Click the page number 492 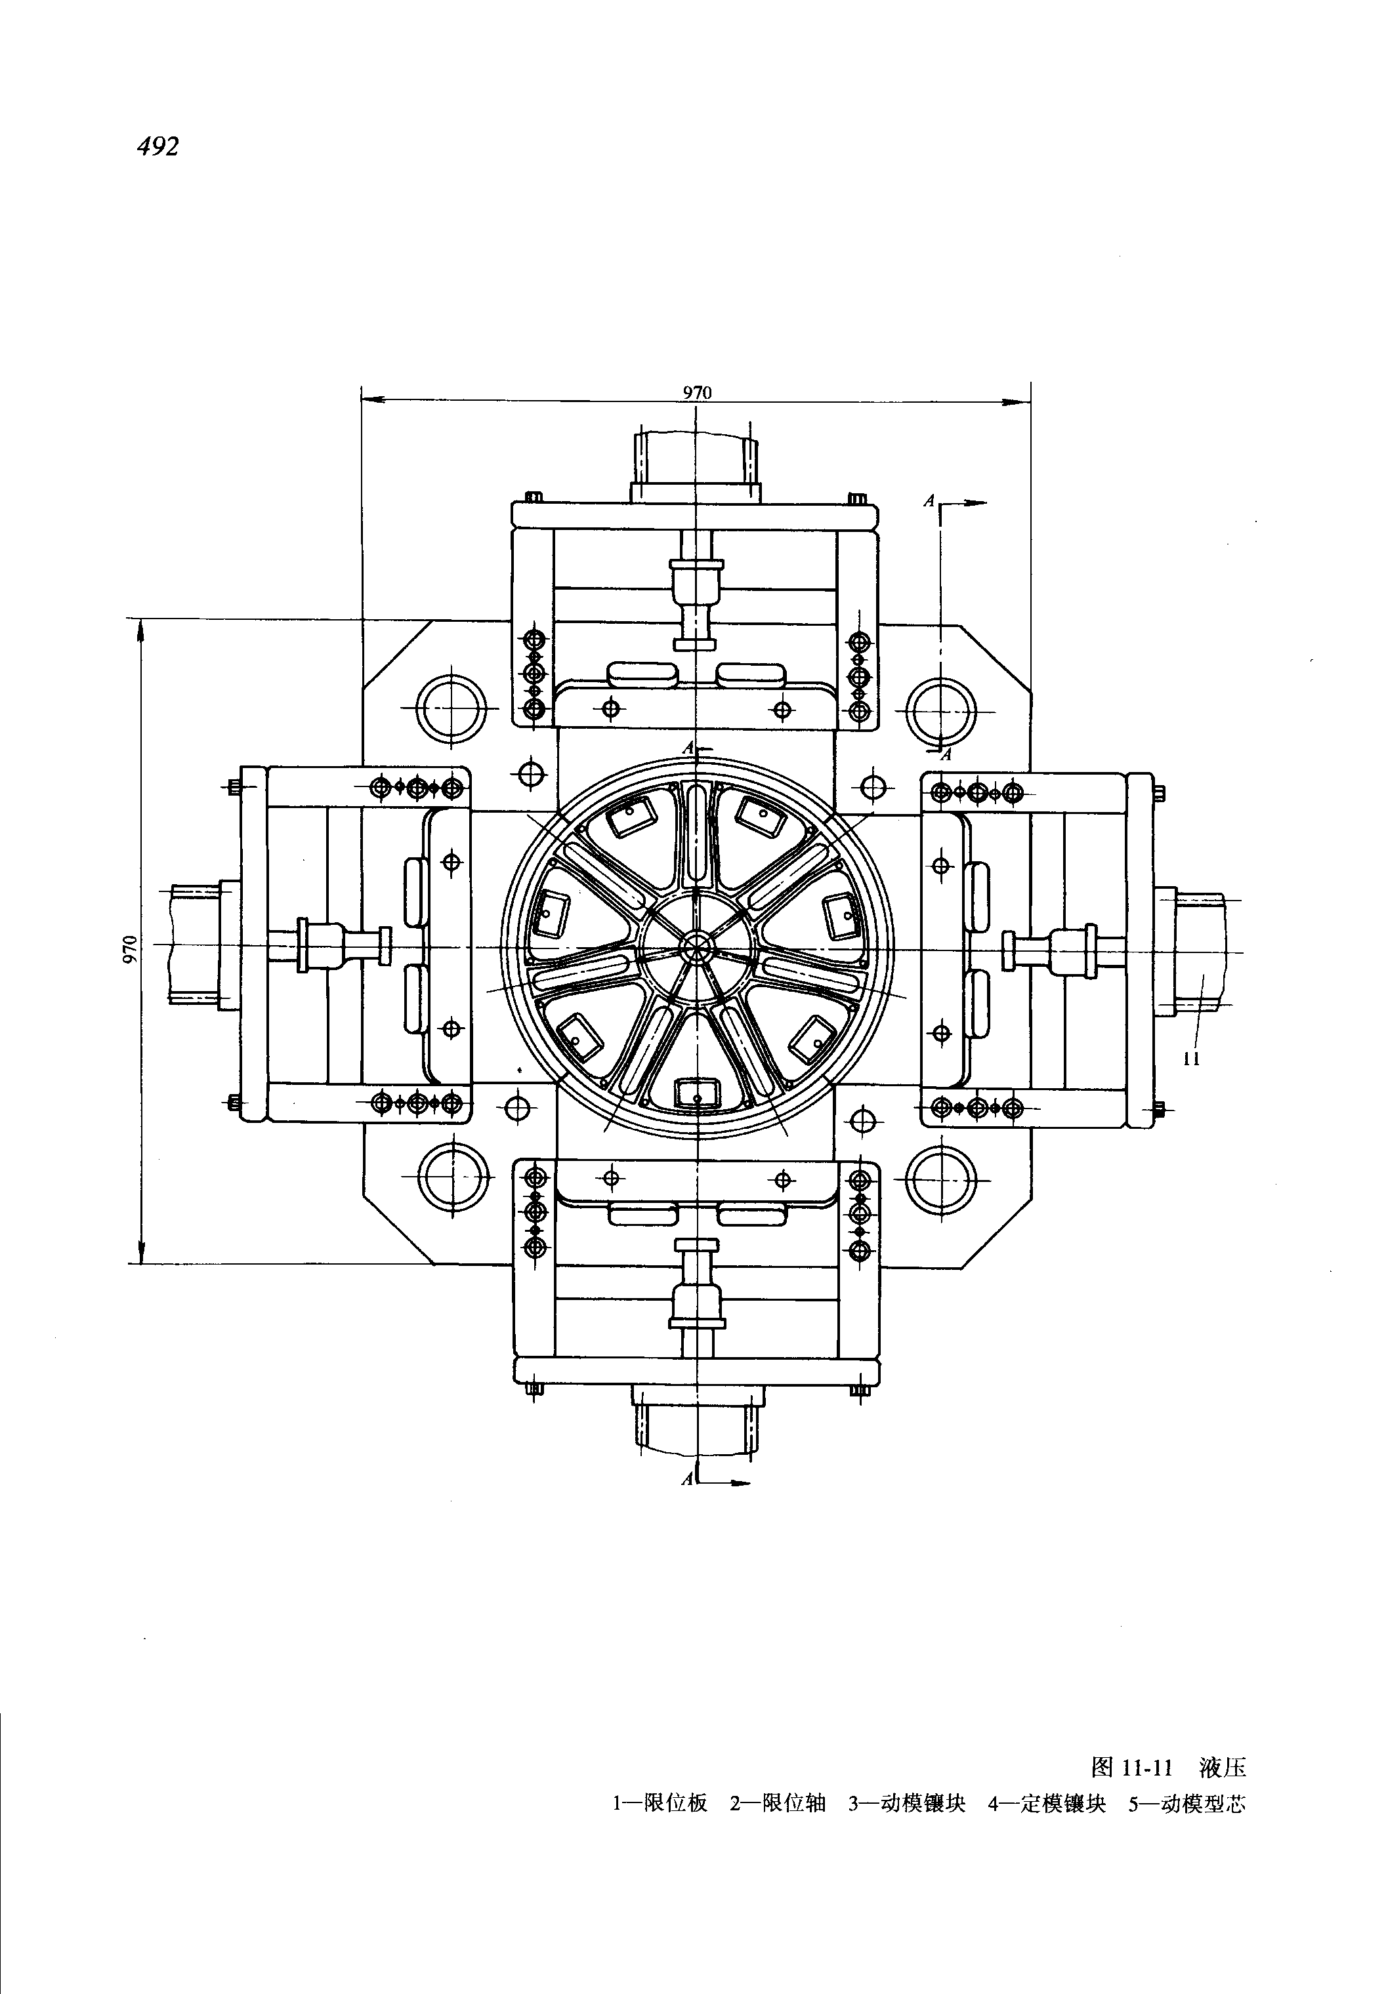click(x=157, y=147)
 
